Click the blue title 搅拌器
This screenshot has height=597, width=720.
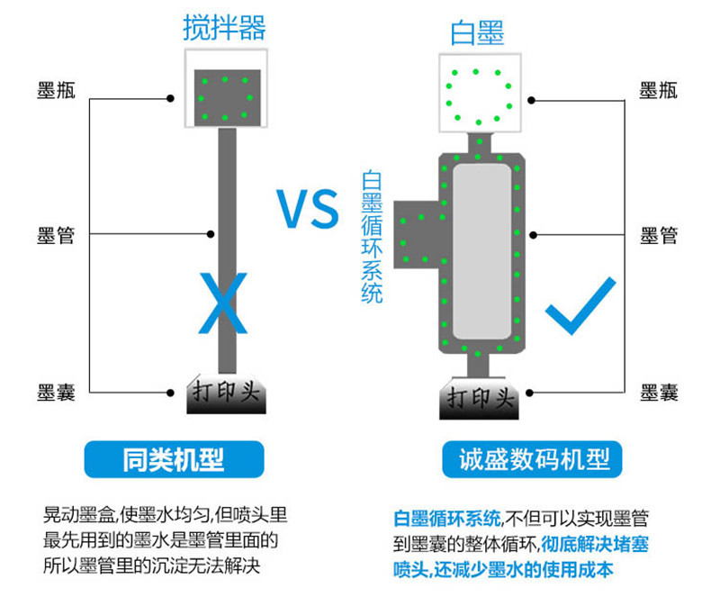click(x=224, y=28)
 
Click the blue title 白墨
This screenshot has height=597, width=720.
click(x=477, y=33)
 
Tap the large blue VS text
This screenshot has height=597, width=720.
click(x=307, y=209)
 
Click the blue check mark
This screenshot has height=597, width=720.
click(x=580, y=307)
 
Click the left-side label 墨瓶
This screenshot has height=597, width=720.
click(x=56, y=90)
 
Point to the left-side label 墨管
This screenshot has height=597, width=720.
click(x=56, y=236)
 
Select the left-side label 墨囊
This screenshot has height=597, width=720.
click(x=56, y=393)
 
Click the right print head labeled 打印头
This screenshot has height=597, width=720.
click(x=479, y=398)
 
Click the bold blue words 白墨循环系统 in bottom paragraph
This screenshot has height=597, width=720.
click(x=447, y=519)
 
